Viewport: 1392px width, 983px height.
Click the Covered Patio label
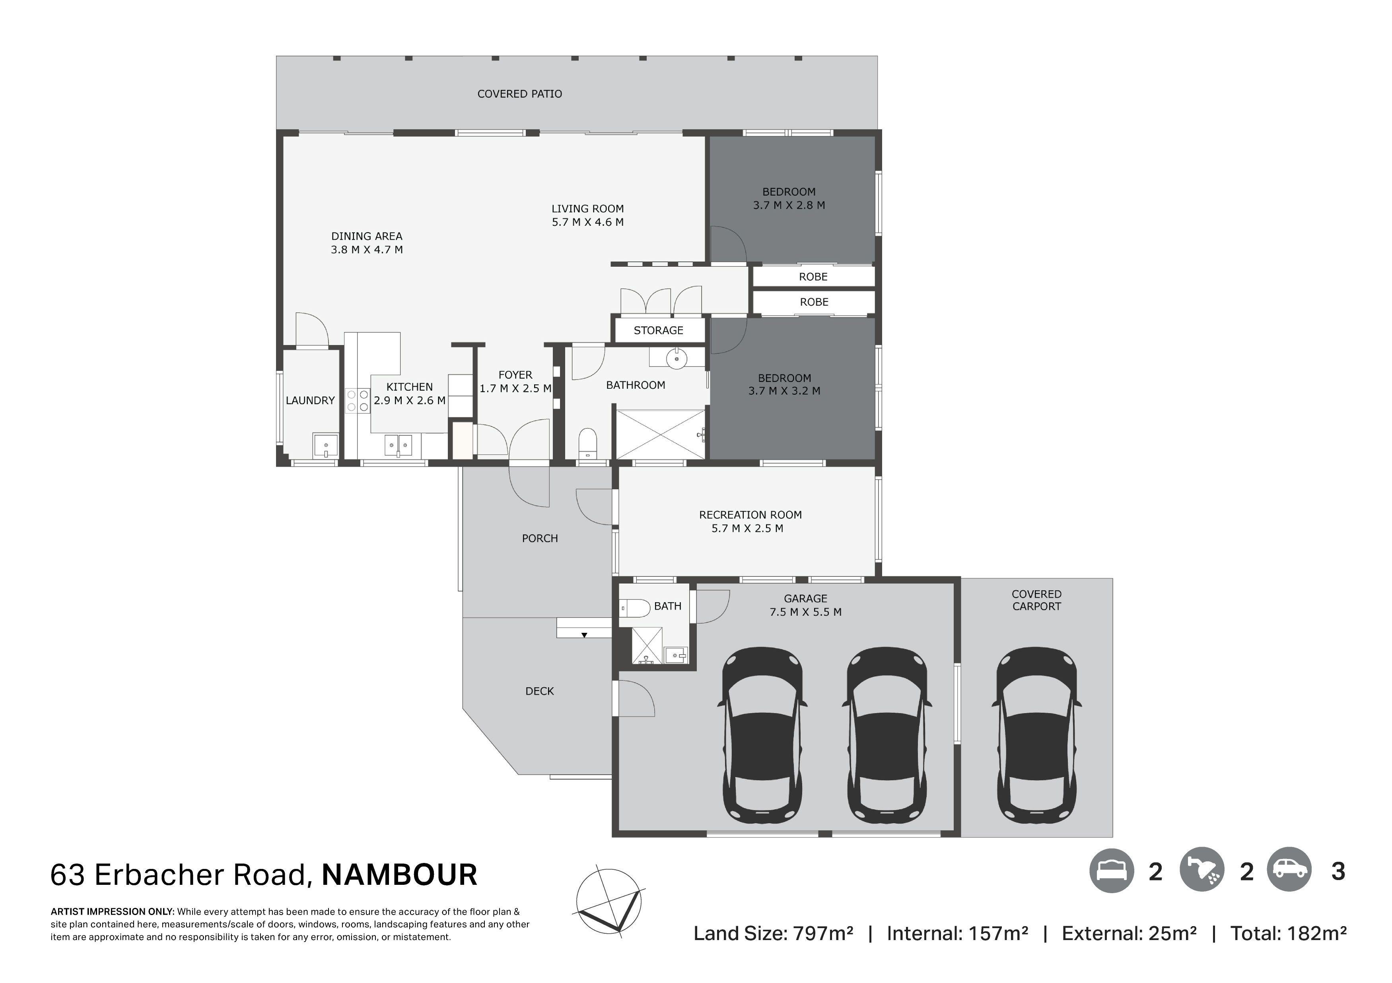(519, 94)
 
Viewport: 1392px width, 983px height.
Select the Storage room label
(658, 330)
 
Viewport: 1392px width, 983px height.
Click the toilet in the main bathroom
(587, 444)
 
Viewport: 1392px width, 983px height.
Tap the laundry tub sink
(326, 446)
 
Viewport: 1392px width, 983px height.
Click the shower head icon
(1202, 870)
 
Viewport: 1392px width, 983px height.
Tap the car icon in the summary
(1289, 870)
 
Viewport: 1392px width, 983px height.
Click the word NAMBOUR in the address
(400, 875)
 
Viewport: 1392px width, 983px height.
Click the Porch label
(540, 538)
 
